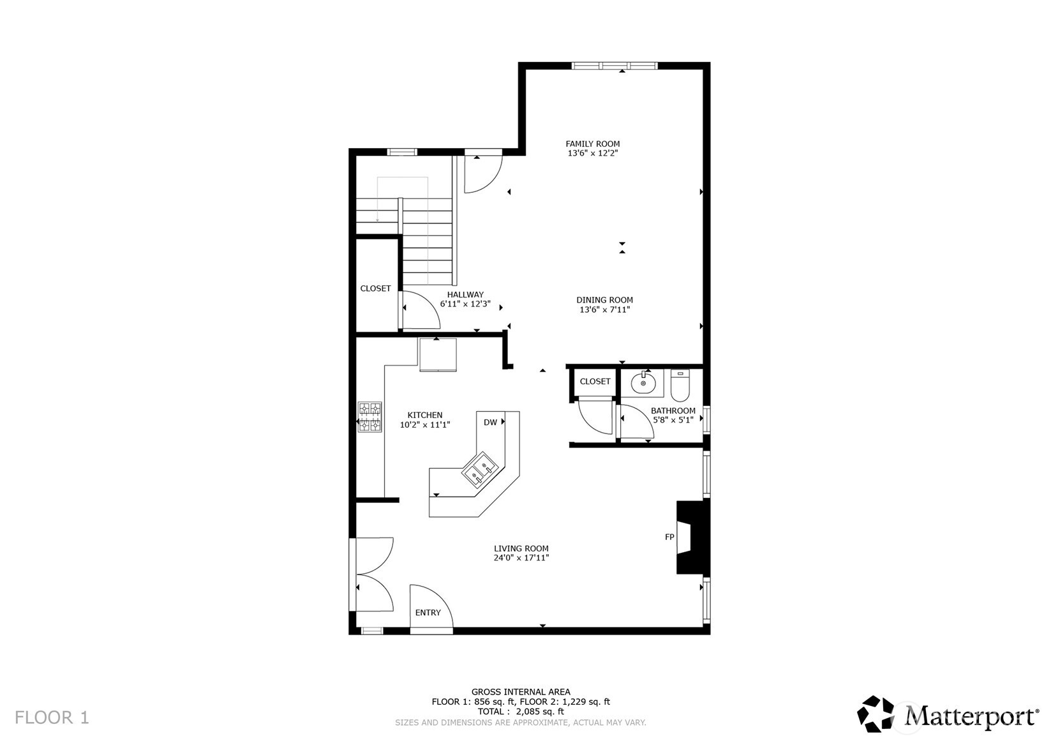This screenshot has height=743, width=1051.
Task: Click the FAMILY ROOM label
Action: tap(592, 144)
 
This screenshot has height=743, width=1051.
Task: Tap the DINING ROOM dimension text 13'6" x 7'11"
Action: tap(604, 310)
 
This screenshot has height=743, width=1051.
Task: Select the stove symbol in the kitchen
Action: tap(369, 416)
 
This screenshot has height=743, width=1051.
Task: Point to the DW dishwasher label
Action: tap(490, 423)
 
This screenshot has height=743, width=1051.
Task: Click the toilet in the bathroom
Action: tap(680, 385)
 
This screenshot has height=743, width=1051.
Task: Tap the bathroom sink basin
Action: tap(643, 384)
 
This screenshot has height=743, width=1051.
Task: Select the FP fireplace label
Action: tap(669, 537)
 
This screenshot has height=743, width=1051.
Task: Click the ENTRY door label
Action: tap(428, 613)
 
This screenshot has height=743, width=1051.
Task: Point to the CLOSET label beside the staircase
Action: tap(375, 289)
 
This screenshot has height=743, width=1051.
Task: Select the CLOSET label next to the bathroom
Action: tap(595, 381)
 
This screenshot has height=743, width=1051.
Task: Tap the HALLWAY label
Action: tap(465, 295)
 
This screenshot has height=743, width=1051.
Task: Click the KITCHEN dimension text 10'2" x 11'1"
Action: tap(425, 424)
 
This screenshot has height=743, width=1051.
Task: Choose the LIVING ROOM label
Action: tap(521, 548)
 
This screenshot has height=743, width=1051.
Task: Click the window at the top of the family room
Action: tap(614, 65)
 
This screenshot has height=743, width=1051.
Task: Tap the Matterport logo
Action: tap(947, 714)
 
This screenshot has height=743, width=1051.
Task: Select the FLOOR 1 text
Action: tap(52, 717)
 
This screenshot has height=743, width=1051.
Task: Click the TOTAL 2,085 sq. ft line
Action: tap(521, 711)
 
